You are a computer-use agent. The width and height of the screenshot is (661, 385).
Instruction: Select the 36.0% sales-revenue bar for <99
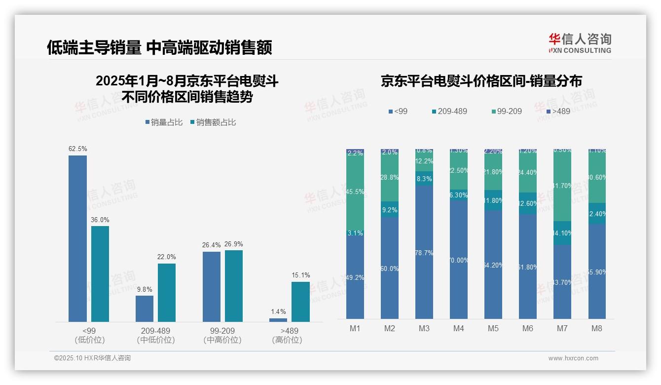(100, 274)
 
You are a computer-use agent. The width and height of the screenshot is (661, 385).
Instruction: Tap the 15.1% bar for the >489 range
(300, 302)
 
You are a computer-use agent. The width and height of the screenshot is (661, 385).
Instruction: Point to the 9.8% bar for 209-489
(145, 308)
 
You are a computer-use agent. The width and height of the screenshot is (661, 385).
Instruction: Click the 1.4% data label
(278, 311)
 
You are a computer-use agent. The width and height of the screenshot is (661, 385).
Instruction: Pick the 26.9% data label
(234, 244)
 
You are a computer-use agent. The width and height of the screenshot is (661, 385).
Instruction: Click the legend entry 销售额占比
(213, 122)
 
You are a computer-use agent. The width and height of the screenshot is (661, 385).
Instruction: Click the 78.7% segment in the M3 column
(424, 252)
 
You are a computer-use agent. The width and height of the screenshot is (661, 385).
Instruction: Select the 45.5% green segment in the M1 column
(355, 192)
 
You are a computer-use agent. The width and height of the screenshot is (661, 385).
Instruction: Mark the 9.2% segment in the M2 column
(390, 209)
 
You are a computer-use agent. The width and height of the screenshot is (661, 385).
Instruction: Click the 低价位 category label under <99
(90, 340)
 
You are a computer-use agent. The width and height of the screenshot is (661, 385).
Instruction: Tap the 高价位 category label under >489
(287, 340)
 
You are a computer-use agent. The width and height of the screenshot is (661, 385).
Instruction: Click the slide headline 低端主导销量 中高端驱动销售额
(159, 47)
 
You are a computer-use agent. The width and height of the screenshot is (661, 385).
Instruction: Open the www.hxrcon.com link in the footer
(573, 358)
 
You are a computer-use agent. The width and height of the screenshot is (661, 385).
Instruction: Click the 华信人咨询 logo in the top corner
(580, 43)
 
